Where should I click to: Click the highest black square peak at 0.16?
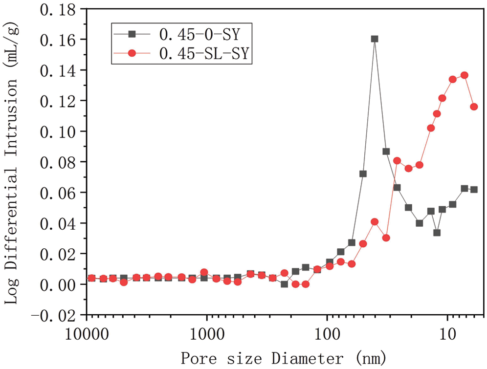coord(375,39)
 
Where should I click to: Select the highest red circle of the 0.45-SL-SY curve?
coord(465,75)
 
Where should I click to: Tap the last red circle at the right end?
coord(474,107)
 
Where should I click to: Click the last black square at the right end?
coord(474,190)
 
